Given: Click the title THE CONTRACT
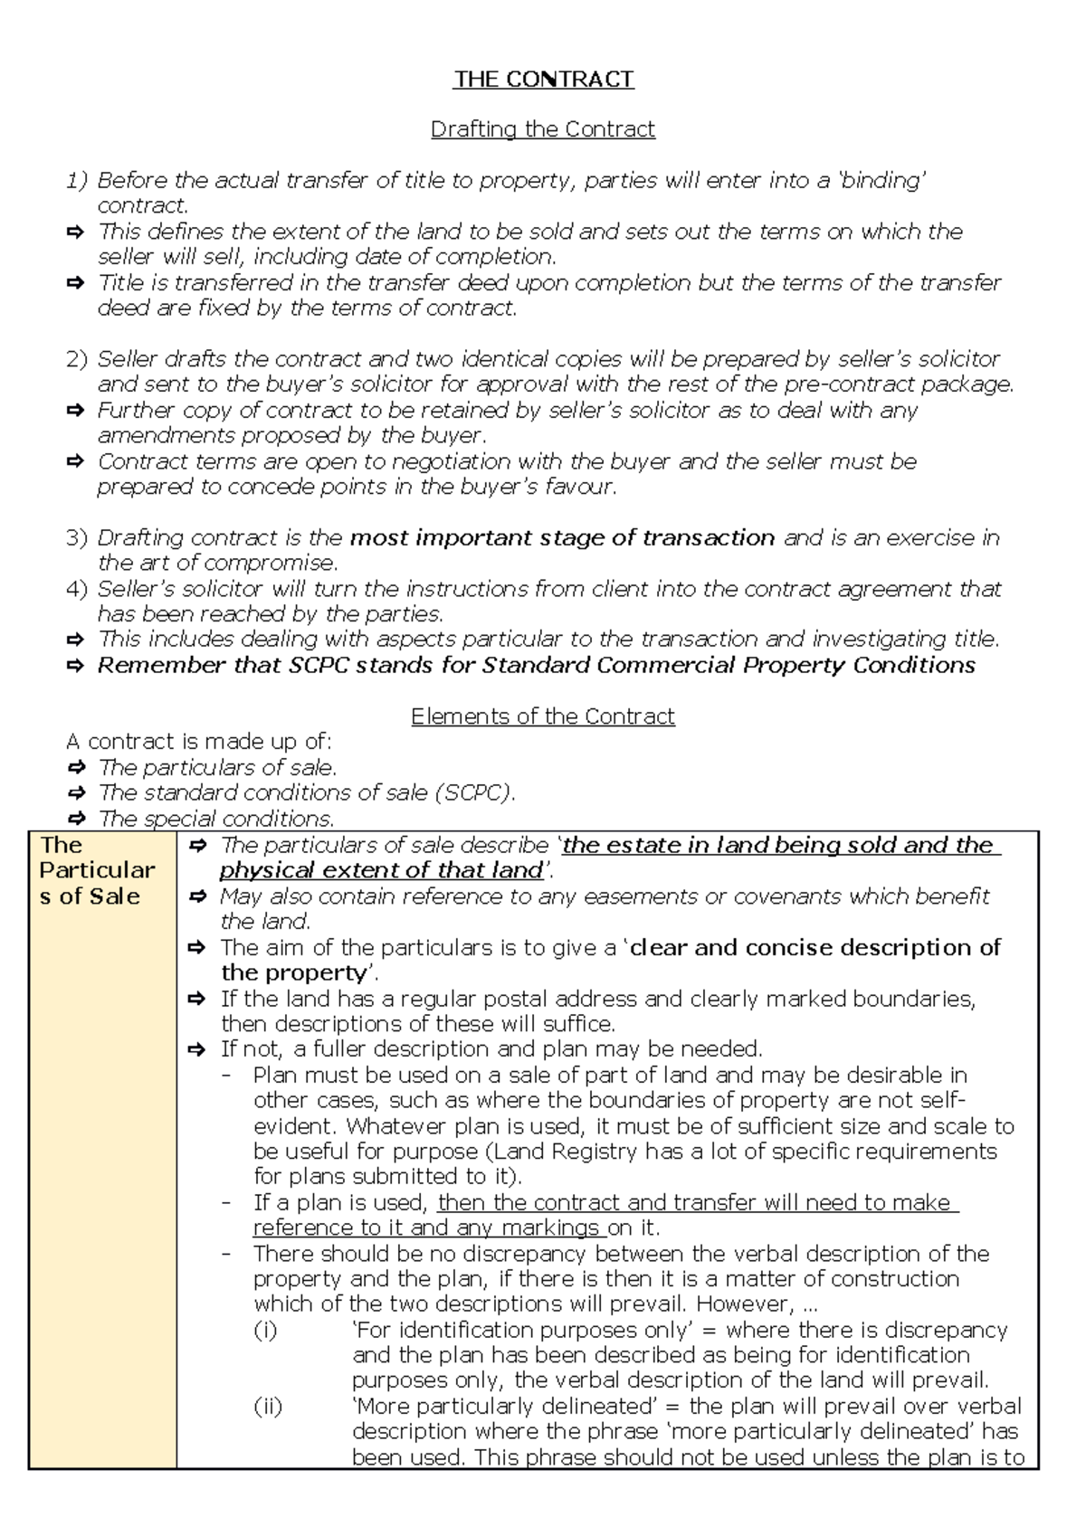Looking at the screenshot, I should coord(543,80).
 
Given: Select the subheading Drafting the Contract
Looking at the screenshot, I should coord(542,129).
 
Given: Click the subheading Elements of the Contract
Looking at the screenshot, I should coord(542,716).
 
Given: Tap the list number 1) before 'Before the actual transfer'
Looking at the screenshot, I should coord(77,181).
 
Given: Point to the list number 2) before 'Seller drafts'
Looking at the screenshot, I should coord(77,359).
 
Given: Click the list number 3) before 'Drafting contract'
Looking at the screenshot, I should coord(77,538).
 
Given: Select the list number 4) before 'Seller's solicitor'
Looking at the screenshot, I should coord(77,589).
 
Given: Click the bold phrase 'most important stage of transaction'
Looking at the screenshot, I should coord(562,538).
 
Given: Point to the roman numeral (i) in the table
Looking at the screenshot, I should coord(266,1330).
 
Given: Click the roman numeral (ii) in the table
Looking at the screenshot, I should coord(268,1407).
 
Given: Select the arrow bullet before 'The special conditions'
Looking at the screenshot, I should coord(78,820).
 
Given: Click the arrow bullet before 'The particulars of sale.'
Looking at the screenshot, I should coord(78,768).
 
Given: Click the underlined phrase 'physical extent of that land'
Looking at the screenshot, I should coord(381,871).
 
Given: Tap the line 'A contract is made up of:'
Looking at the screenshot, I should coord(199,742).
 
